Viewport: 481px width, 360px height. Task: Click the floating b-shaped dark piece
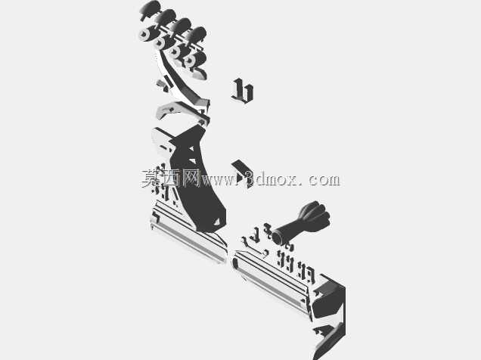(243, 91)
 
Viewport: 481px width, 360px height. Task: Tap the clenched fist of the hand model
(315, 214)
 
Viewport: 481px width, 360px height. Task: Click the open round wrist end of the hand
(278, 237)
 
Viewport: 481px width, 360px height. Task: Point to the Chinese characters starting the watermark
(171, 178)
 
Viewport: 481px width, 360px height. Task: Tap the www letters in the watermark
(218, 180)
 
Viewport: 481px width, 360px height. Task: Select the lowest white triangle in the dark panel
(217, 222)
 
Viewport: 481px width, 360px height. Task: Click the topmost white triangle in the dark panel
(191, 149)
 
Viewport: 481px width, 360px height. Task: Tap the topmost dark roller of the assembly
(151, 8)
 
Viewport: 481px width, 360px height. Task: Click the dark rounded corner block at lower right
(329, 299)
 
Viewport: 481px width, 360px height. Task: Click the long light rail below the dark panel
(188, 234)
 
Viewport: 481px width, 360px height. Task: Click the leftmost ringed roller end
(144, 34)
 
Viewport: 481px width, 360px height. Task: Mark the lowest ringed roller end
(190, 61)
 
